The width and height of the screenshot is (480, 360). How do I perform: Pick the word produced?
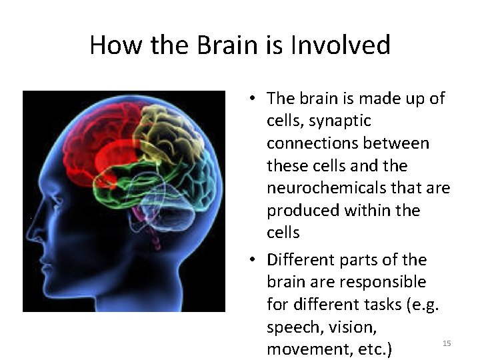coord(303,211)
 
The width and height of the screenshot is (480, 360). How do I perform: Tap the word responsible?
coord(383,282)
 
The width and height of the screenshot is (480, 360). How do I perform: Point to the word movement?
coord(302,349)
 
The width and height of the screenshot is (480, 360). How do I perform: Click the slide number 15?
coord(447,343)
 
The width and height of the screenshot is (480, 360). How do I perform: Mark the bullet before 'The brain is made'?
coord(254,99)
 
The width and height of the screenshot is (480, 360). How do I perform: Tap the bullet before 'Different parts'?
coord(254,260)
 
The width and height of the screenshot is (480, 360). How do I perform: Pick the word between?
coord(399,143)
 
